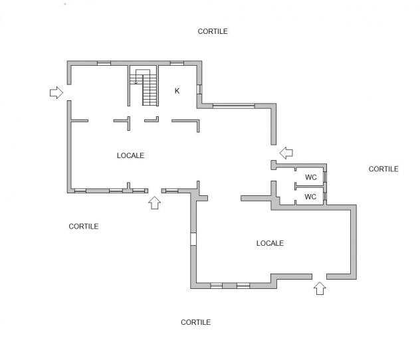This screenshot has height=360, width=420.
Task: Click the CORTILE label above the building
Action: (x=213, y=31)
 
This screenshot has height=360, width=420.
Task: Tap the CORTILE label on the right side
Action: (x=383, y=169)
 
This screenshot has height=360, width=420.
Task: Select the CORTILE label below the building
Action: (x=195, y=322)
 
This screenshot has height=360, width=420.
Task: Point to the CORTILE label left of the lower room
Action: (x=84, y=226)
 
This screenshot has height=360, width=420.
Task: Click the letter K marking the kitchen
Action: (x=177, y=91)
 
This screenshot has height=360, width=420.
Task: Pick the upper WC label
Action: (x=311, y=177)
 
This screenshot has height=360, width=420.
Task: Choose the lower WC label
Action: (x=310, y=197)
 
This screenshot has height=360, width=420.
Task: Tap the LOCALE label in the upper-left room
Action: (x=130, y=155)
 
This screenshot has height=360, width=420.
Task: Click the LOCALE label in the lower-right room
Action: (x=270, y=243)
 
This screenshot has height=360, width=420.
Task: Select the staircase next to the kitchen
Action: (x=144, y=87)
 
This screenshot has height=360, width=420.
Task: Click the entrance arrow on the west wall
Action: (x=56, y=92)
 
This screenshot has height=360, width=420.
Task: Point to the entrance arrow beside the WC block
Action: (x=286, y=153)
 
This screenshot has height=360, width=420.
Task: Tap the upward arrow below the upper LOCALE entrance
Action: (x=155, y=203)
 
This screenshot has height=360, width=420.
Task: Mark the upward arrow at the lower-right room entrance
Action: (x=320, y=288)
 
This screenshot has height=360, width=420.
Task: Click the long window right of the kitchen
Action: (x=233, y=106)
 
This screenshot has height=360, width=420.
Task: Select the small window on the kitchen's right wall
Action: (x=199, y=90)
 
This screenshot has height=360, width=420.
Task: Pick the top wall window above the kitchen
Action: (x=177, y=63)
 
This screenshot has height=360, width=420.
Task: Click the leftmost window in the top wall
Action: (x=104, y=63)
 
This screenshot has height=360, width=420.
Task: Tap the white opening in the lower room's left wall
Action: (x=193, y=239)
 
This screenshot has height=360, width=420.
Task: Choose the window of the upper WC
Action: (x=325, y=177)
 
